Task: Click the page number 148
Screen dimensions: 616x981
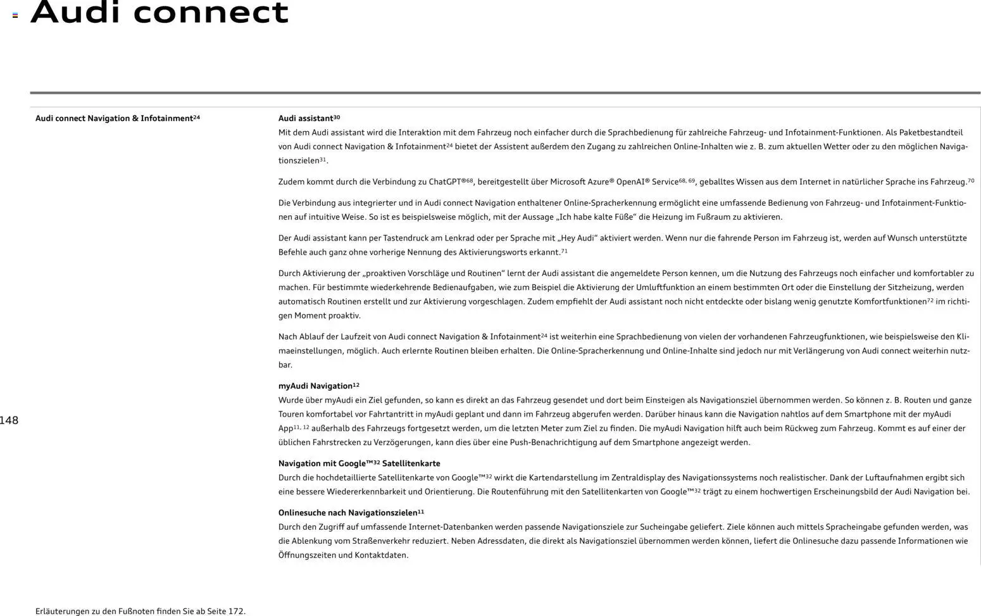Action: pos(9,420)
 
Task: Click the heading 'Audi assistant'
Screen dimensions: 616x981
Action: pos(306,118)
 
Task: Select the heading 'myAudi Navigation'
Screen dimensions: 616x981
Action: pos(315,386)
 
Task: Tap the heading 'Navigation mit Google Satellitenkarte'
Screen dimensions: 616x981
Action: pos(359,463)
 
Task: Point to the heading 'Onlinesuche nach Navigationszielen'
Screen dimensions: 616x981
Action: pos(347,513)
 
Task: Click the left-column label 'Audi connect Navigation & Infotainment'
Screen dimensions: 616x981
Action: pos(114,118)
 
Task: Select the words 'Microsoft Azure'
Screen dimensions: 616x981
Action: pos(579,182)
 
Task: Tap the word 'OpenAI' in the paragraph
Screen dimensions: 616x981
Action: pos(630,182)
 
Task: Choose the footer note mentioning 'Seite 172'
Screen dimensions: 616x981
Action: pos(141,612)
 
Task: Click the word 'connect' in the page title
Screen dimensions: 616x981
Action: pos(210,13)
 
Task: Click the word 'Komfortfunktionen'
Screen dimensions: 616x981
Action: pos(890,302)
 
